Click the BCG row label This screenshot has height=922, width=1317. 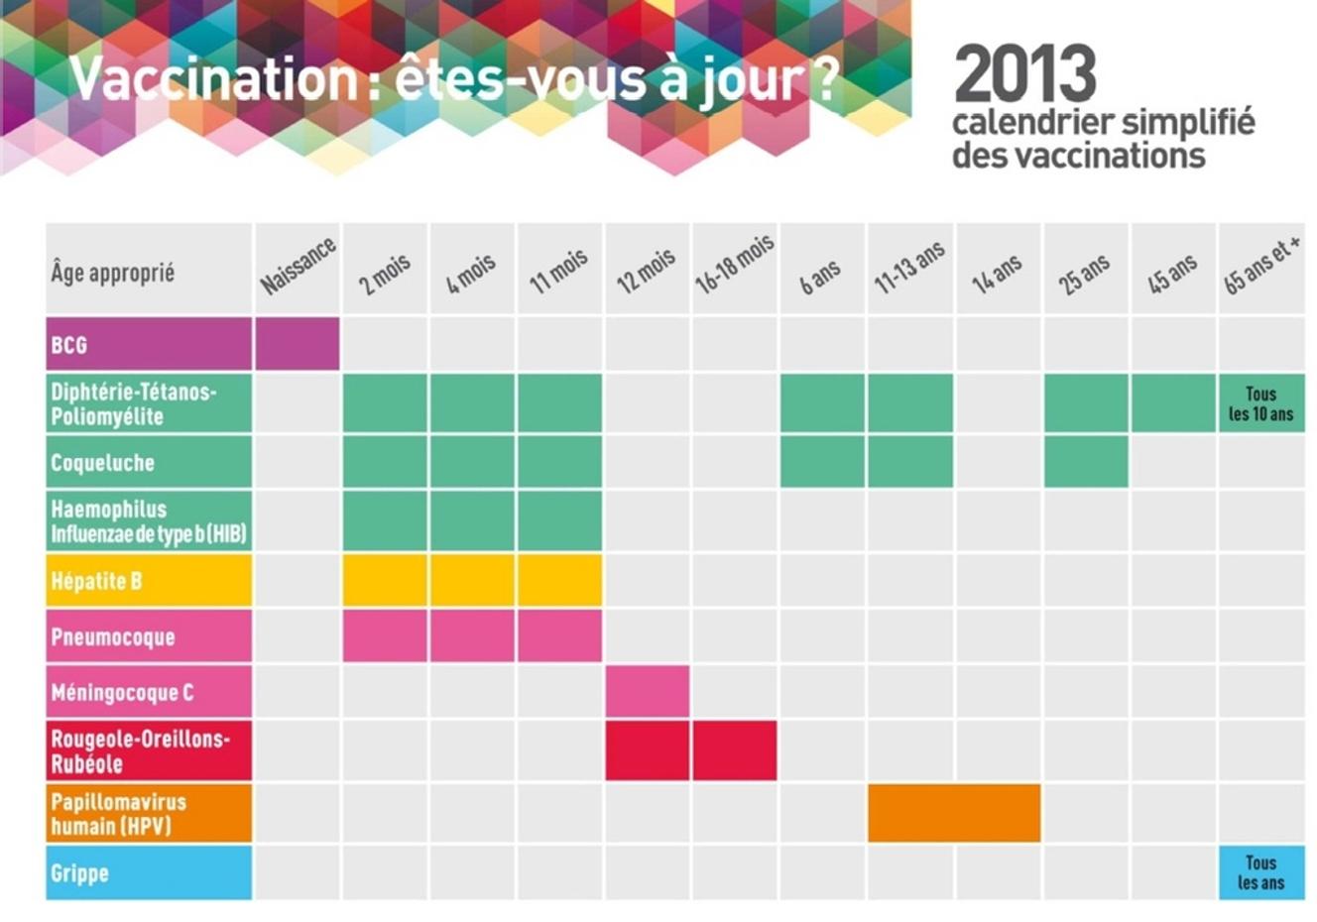click(149, 344)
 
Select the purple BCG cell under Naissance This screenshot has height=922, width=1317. click(297, 344)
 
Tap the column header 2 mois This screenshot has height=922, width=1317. click(385, 270)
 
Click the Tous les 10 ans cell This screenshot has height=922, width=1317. click(1260, 403)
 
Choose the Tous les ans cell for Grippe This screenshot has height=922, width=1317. click(1260, 872)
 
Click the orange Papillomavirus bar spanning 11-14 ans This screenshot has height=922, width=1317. click(954, 813)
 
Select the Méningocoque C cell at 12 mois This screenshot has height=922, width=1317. click(647, 691)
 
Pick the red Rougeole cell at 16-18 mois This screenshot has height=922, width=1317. click(734, 750)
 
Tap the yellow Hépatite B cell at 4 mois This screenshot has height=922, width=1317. click(472, 580)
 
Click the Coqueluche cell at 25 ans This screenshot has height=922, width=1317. click(1086, 462)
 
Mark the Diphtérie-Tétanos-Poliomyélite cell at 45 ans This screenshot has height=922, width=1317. click(1173, 403)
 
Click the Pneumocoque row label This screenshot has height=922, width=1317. click(149, 636)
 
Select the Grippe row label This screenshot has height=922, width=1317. click(149, 872)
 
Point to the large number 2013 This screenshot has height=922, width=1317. click(1025, 74)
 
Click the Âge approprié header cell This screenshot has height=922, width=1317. click(149, 271)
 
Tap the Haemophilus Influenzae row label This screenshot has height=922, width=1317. click(149, 521)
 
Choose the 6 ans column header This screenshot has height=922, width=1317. click(821, 275)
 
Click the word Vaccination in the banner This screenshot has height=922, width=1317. click(212, 79)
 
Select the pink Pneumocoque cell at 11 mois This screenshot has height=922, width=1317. click(559, 636)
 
